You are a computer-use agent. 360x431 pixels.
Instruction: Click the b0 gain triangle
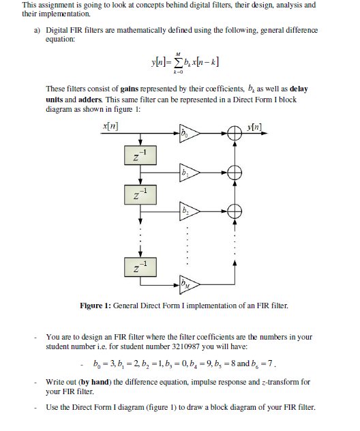click(x=187, y=135)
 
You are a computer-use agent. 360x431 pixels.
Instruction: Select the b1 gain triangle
click(x=187, y=173)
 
